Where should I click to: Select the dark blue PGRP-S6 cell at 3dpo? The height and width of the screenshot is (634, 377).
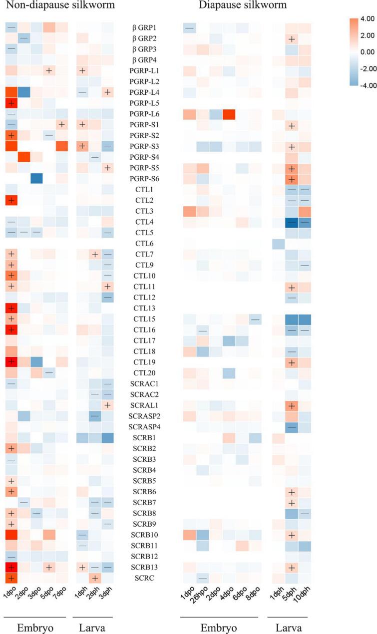(36, 177)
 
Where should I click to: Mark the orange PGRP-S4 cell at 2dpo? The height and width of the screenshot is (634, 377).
(24, 156)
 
